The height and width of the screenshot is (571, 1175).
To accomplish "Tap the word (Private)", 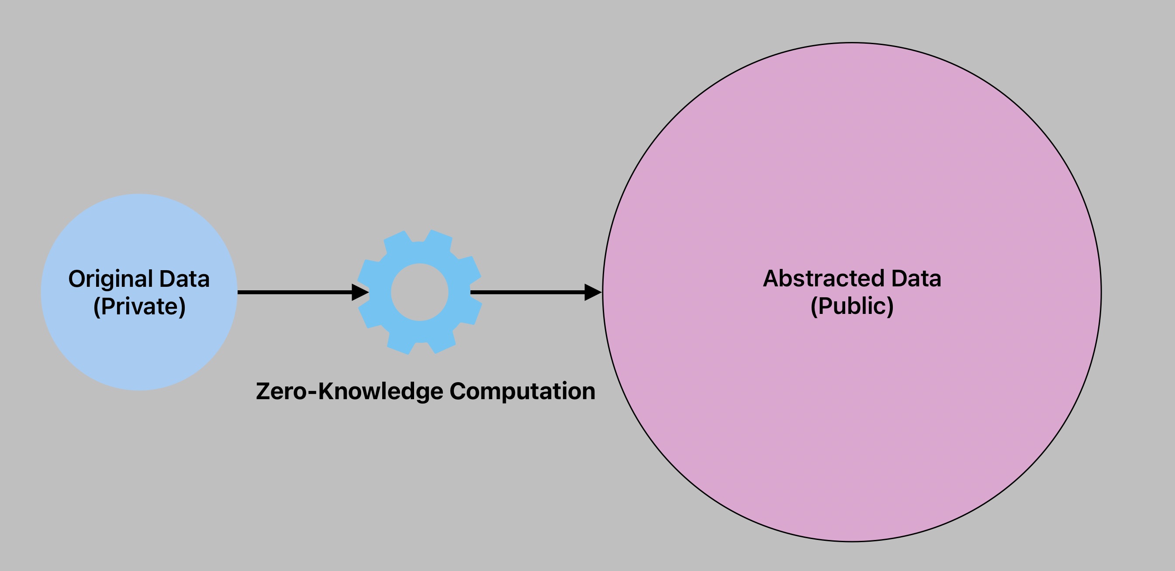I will tap(139, 306).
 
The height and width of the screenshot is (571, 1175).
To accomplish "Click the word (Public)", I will tap(852, 306).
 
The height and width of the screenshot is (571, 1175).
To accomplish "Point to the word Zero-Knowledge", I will tap(349, 391).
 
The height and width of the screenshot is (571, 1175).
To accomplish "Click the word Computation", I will tap(522, 391).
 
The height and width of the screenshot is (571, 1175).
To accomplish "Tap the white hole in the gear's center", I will tap(420, 292).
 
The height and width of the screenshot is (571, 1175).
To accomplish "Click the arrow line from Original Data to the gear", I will tap(294, 292).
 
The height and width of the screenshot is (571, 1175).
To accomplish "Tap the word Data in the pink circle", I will tap(916, 279).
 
